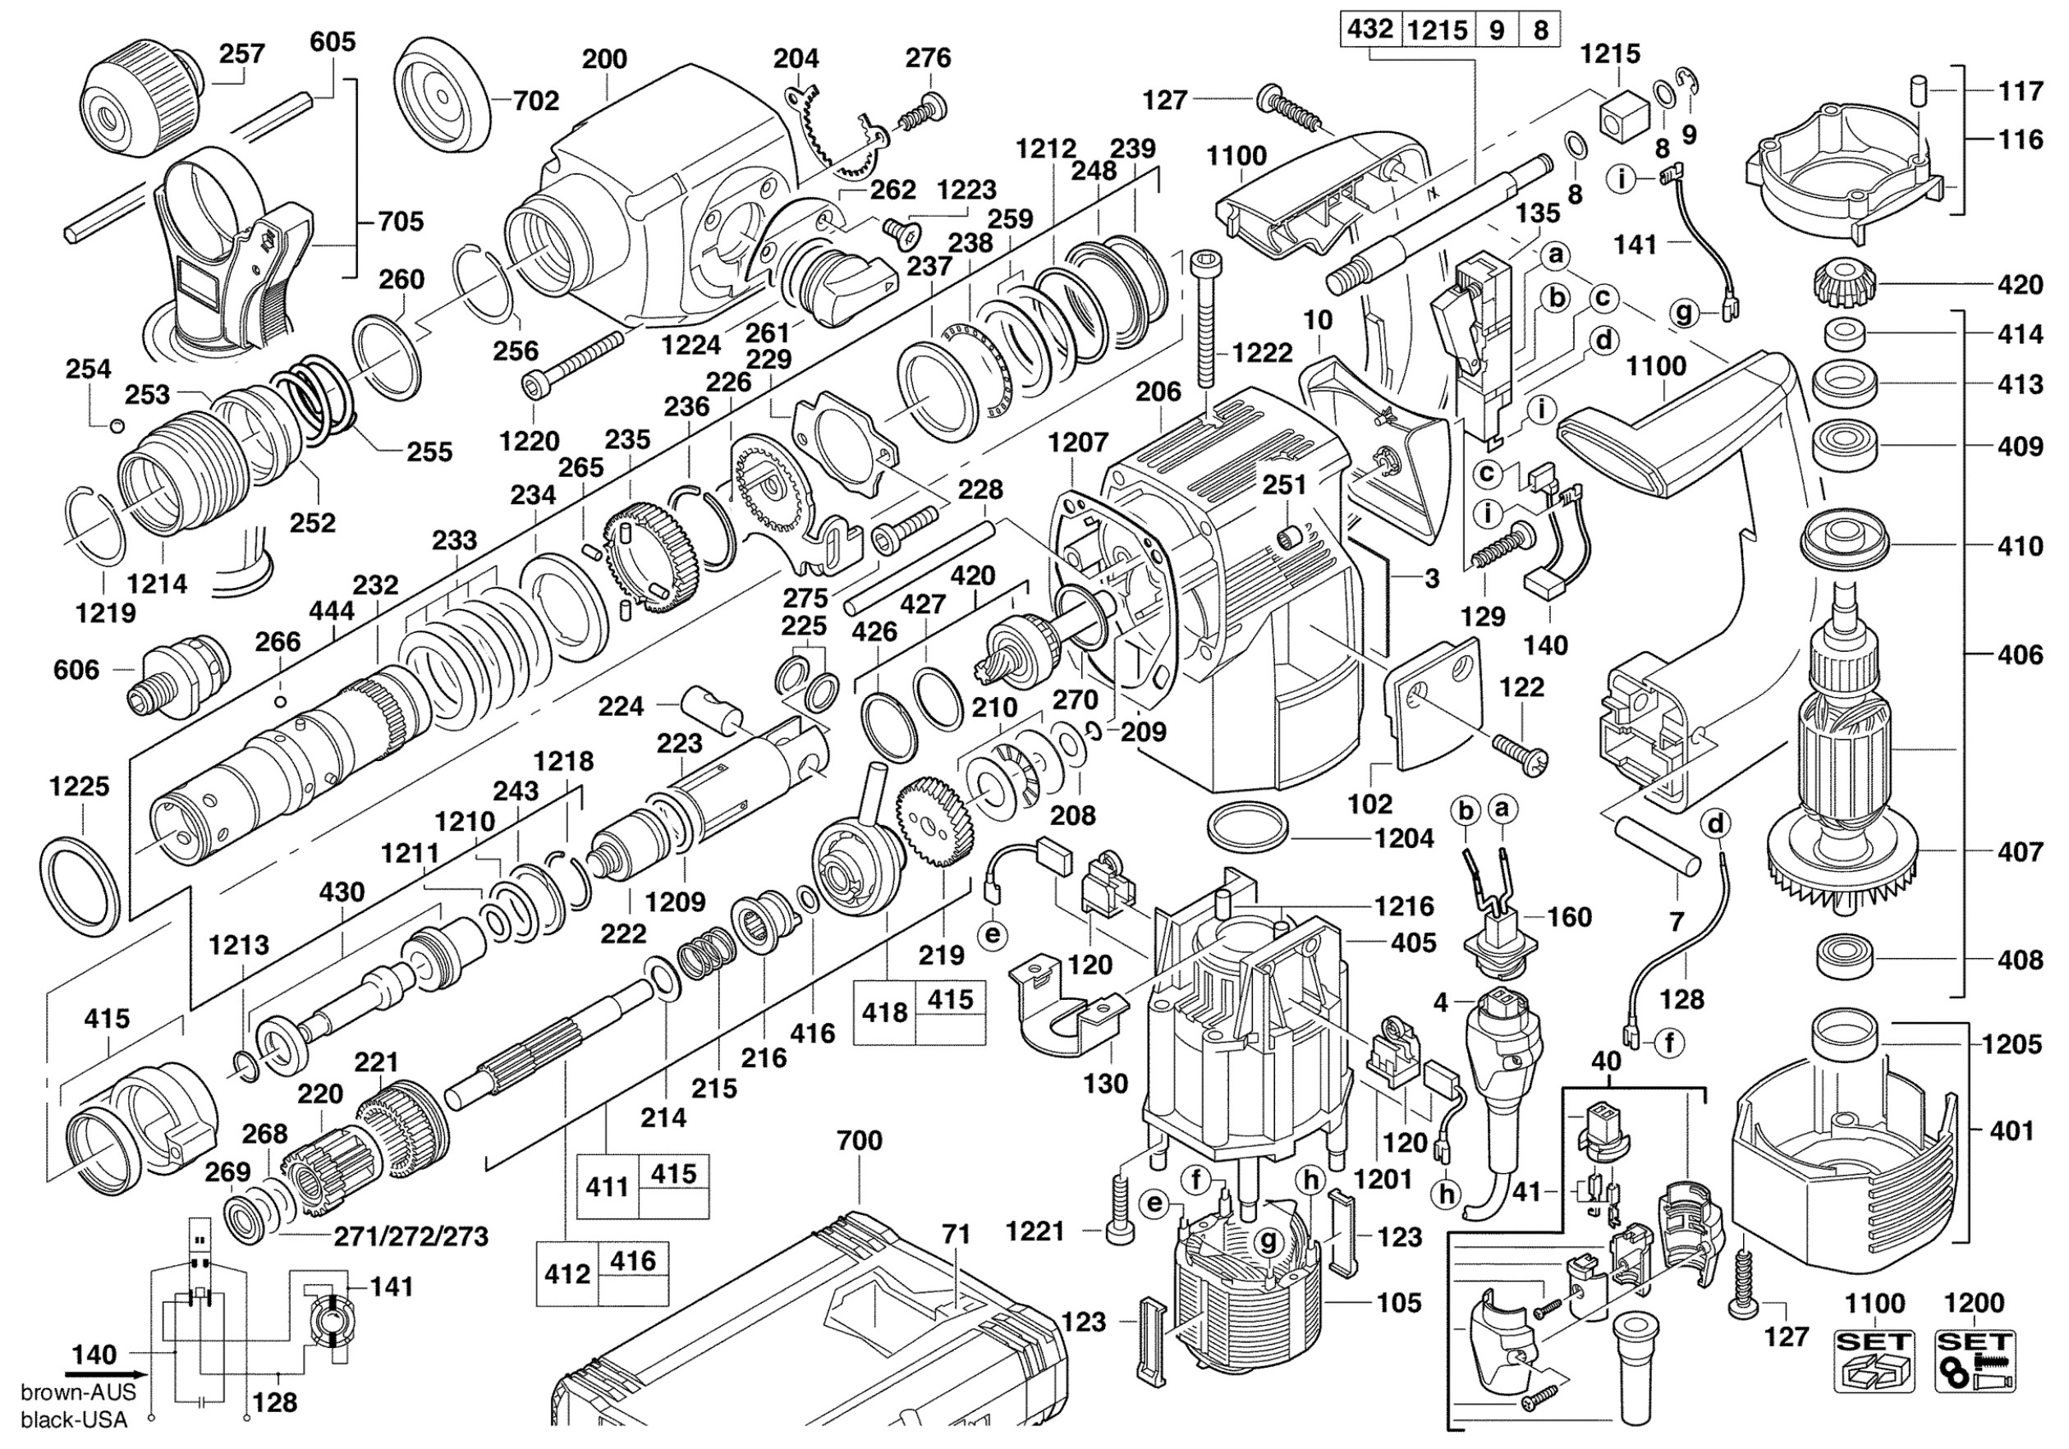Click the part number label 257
point(242,54)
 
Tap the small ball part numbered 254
point(115,425)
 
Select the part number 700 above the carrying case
point(859,1141)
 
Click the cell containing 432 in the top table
point(1369,30)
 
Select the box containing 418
point(884,1013)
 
